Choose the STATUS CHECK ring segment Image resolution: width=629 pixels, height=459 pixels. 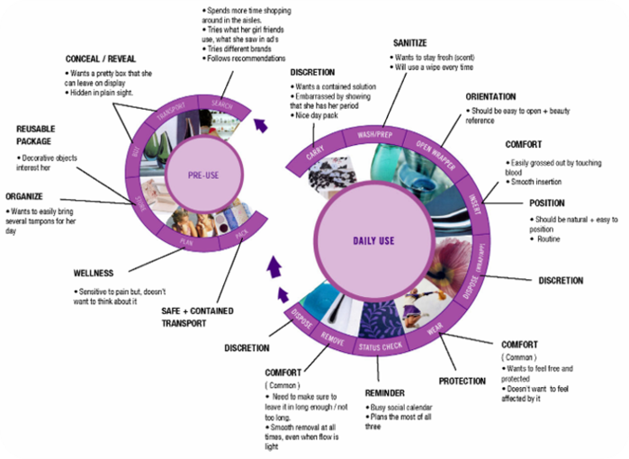378,346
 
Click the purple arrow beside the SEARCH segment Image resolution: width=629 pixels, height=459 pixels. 259,125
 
